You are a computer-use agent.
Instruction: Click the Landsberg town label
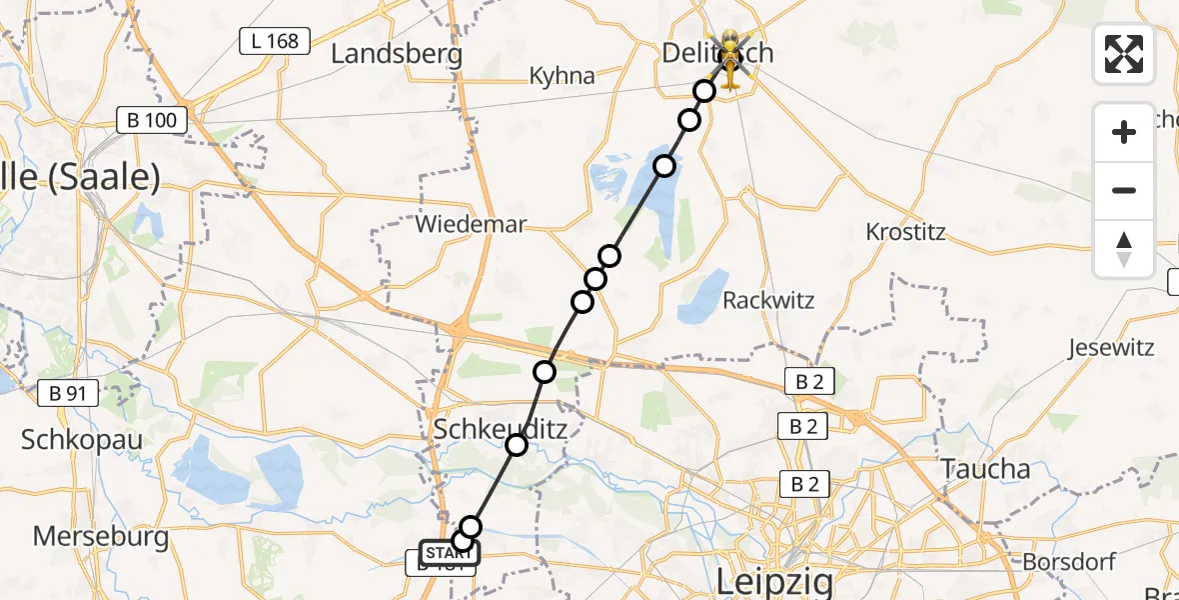coord(397,54)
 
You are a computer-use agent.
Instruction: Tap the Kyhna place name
coord(562,76)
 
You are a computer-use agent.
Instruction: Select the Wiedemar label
coord(470,224)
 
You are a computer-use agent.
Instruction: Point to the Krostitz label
coord(905,232)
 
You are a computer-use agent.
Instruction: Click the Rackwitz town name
coord(768,300)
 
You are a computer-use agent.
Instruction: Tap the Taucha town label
coord(985,469)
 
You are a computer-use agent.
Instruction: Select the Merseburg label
coord(100,536)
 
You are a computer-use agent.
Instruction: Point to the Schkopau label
coord(82,440)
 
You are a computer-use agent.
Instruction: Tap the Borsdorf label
coord(1067,562)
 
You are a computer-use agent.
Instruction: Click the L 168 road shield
coord(274,41)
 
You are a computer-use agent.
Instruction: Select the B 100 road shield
coord(152,121)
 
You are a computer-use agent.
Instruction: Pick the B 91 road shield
coord(68,393)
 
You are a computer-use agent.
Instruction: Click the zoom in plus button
coord(1124,132)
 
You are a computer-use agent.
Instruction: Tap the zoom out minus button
coord(1124,190)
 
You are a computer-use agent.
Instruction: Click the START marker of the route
coord(449,553)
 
